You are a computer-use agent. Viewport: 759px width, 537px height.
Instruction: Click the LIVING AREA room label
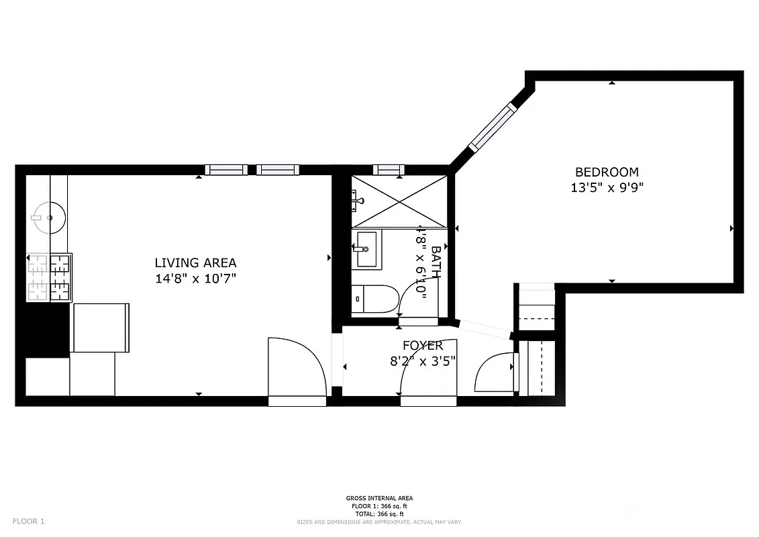coord(195,263)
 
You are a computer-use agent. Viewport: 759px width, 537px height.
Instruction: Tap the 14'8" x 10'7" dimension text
coord(195,279)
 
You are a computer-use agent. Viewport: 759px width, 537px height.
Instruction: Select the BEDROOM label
coord(607,173)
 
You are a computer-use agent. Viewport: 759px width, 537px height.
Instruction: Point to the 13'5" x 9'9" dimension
coord(607,189)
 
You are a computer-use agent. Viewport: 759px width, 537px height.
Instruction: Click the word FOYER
coord(422,346)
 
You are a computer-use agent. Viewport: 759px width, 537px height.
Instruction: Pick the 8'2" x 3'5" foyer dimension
coord(422,360)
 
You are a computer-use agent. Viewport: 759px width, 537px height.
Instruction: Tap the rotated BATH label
coord(436,262)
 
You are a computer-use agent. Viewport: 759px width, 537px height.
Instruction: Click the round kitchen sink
coord(48,217)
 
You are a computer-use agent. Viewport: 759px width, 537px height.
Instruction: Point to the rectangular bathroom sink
coord(366,250)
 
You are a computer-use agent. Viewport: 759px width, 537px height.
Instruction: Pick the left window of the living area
coord(226,169)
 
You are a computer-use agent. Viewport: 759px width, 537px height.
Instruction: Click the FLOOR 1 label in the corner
coord(28,521)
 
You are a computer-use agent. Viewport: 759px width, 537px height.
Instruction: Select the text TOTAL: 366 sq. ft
coord(379,514)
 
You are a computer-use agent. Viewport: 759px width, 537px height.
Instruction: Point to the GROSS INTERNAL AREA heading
coord(379,498)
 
